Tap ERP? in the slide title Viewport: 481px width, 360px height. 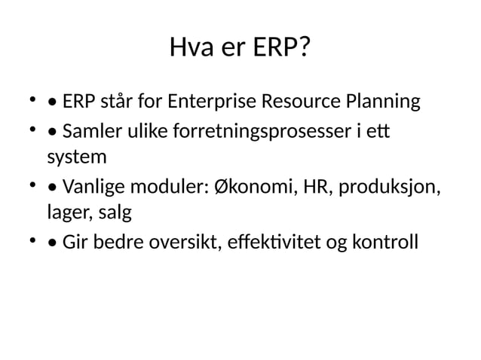tap(280, 50)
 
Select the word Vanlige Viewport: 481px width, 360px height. tap(93, 187)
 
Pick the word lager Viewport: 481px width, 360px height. tap(66, 213)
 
